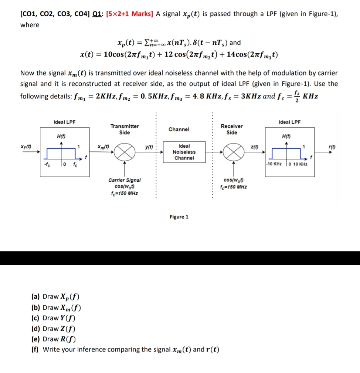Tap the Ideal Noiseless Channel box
point(184,152)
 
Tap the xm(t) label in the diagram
point(102,147)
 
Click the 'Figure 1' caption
point(179,217)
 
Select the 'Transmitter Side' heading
point(125,130)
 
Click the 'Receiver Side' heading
point(232,129)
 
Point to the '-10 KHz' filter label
point(274,164)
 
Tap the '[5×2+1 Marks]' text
point(129,14)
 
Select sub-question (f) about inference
point(125,349)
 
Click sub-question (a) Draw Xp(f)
point(56,296)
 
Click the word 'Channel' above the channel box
point(179,129)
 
